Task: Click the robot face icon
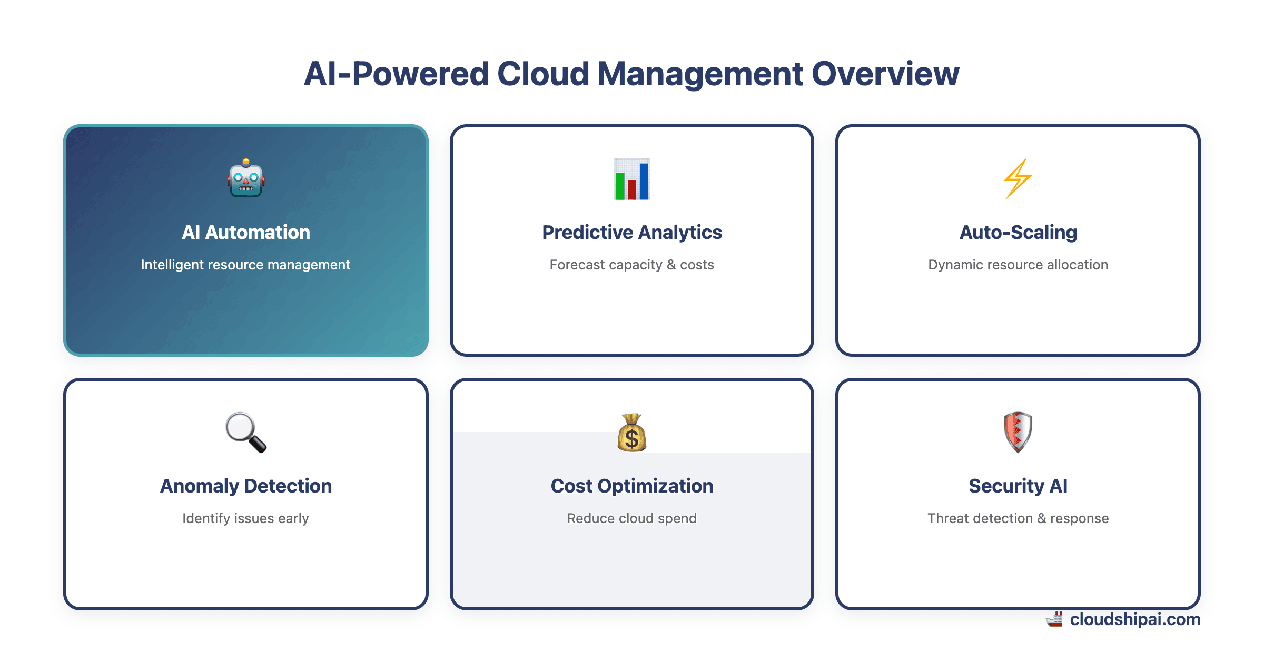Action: (246, 178)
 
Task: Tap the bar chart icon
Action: (632, 179)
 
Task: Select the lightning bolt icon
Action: (1018, 179)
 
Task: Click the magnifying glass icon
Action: (246, 432)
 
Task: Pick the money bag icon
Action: (632, 433)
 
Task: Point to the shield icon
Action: (1018, 432)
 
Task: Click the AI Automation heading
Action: (246, 232)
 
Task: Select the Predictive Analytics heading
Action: (632, 232)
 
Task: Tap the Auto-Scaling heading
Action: (1018, 232)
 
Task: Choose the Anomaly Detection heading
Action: (246, 486)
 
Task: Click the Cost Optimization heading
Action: (632, 486)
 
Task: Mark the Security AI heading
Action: (1018, 486)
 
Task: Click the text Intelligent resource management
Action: (245, 265)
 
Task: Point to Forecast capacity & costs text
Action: (632, 265)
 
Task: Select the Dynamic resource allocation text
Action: (1018, 265)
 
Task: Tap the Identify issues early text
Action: (245, 518)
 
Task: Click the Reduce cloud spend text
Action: (632, 518)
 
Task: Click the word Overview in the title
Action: (885, 74)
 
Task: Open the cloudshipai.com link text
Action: (1135, 619)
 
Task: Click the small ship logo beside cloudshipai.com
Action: (1054, 620)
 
